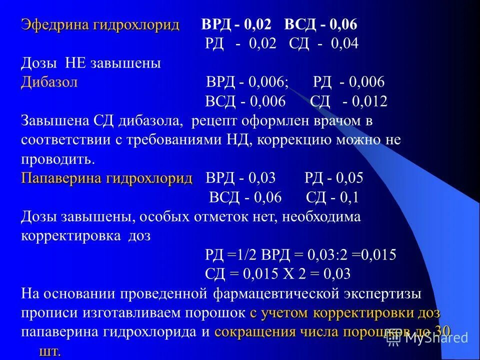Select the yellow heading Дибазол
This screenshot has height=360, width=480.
point(49,82)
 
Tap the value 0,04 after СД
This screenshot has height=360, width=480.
point(345,43)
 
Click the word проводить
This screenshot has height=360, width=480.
point(58,159)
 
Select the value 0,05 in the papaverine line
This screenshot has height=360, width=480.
point(349,178)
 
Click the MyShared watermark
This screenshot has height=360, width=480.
point(429,338)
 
